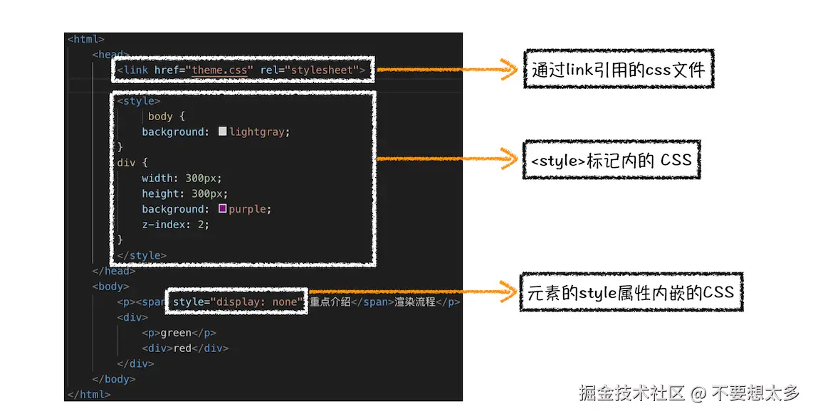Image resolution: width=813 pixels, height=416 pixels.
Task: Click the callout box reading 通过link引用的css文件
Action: [618, 69]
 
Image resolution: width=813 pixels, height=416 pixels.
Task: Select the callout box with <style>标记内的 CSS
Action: [611, 160]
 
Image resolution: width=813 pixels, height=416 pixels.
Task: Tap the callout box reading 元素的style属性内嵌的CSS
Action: [630, 292]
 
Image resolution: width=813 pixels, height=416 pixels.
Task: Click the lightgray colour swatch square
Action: [223, 132]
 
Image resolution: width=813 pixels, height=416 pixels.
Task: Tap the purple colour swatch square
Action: [223, 209]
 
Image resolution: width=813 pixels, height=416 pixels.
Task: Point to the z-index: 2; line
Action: [175, 225]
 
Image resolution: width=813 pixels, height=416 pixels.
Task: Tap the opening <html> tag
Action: [86, 39]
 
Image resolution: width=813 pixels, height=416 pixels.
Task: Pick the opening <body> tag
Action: [111, 287]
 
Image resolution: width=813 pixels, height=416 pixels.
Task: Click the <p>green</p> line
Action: [179, 333]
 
